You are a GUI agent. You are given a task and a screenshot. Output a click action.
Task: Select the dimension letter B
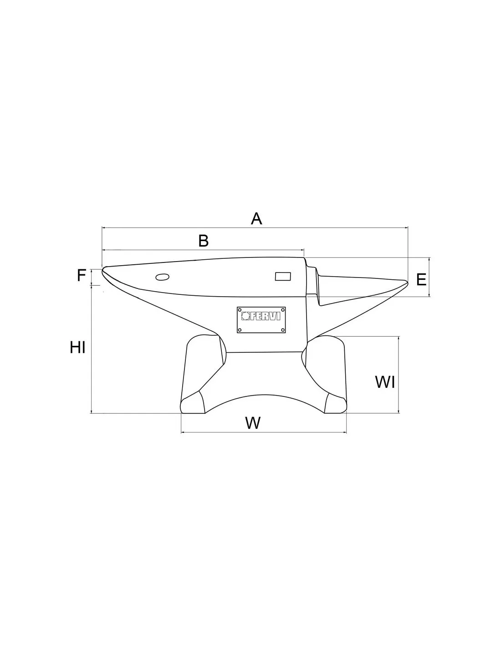[204, 241]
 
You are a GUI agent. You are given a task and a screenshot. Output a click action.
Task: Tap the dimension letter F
[82, 275]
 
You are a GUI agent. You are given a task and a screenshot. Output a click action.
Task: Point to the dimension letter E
[421, 280]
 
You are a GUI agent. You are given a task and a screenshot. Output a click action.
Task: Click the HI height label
[78, 347]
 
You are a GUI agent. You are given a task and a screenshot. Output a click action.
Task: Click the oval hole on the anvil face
[163, 277]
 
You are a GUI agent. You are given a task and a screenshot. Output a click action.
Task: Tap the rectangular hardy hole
[283, 277]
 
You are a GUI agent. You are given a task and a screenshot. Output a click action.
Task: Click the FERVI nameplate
[261, 320]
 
